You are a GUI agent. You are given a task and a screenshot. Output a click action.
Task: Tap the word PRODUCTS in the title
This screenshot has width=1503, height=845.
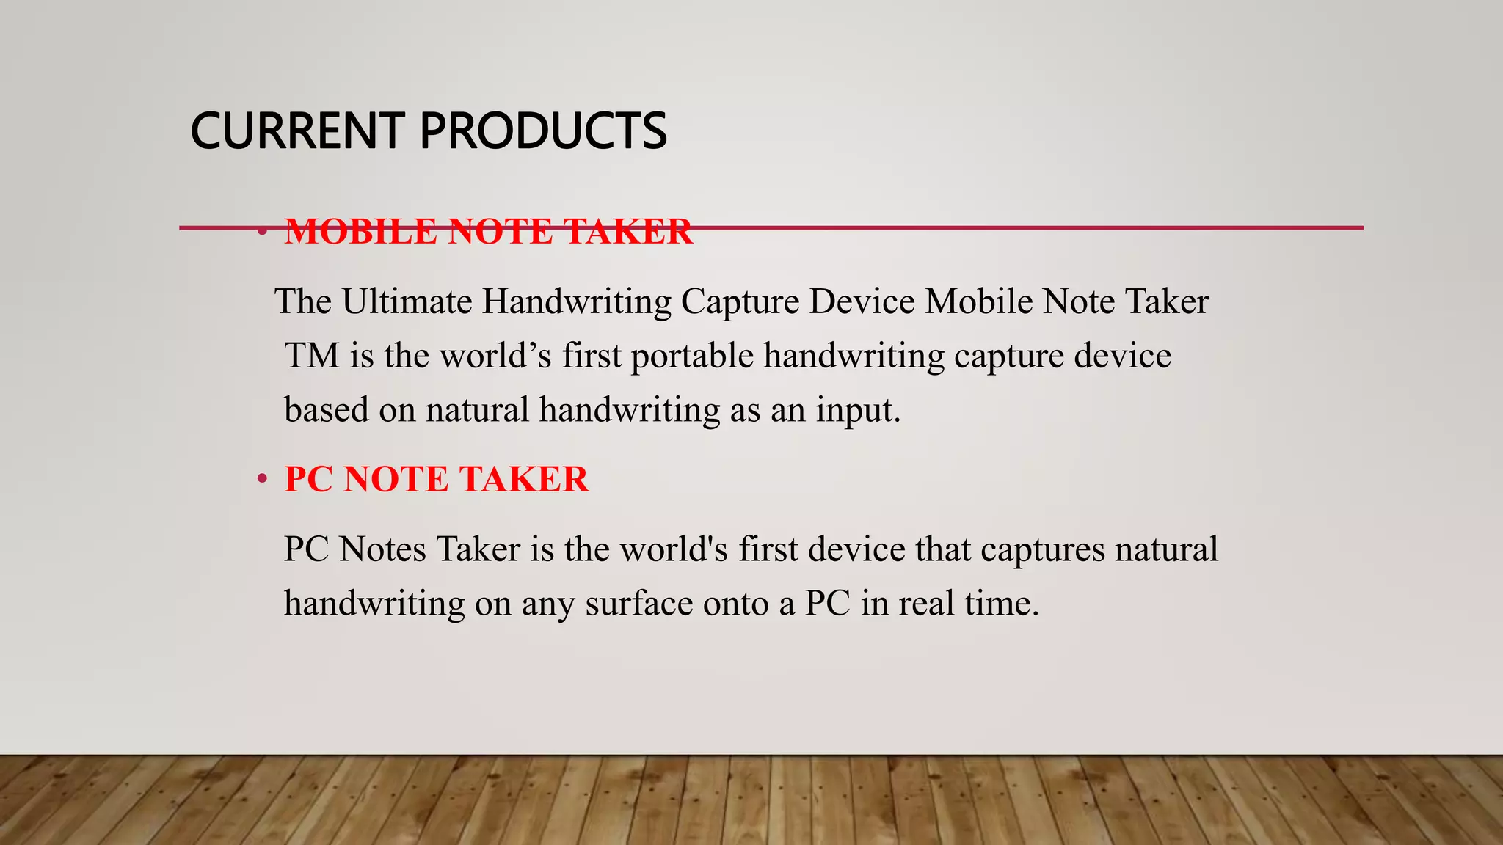pyautogui.click(x=543, y=131)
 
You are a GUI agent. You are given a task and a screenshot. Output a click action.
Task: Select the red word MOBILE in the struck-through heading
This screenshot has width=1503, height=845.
pyautogui.click(x=361, y=233)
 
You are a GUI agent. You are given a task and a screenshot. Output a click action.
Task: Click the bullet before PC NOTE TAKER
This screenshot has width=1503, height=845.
pyautogui.click(x=262, y=480)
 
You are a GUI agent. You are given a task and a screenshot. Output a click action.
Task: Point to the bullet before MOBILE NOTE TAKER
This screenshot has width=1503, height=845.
pyautogui.click(x=262, y=233)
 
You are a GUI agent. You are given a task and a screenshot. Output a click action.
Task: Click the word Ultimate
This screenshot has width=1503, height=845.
pyautogui.click(x=407, y=301)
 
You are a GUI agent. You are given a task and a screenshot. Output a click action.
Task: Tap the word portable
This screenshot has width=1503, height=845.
pyautogui.click(x=692, y=356)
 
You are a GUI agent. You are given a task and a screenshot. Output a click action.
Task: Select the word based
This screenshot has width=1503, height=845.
pyautogui.click(x=327, y=409)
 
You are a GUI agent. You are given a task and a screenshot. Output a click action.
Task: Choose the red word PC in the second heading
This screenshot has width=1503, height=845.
pyautogui.click(x=309, y=480)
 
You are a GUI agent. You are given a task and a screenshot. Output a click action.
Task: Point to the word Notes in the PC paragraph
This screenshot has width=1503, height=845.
pyautogui.click(x=382, y=549)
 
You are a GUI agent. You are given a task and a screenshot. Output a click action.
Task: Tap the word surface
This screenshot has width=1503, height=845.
pyautogui.click(x=638, y=604)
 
